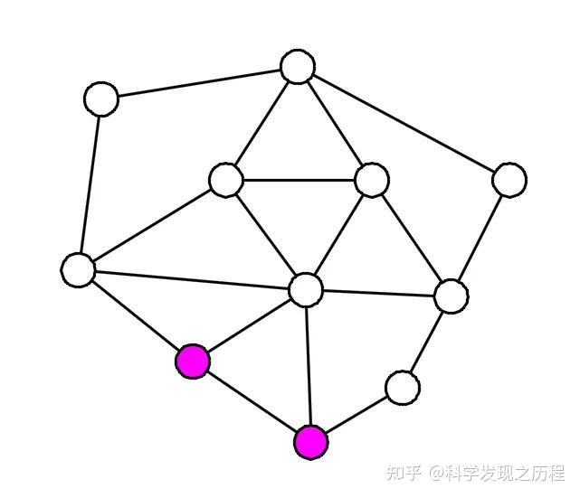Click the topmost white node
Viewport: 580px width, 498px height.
(x=297, y=67)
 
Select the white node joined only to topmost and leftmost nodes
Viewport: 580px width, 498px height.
(x=101, y=99)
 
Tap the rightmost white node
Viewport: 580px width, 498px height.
(x=509, y=179)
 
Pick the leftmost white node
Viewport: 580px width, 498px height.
(x=80, y=269)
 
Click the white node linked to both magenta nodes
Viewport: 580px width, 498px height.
(x=306, y=289)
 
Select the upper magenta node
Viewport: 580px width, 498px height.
(x=193, y=362)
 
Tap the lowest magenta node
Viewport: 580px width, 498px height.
(x=310, y=442)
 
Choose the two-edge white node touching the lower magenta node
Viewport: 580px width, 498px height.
(x=402, y=388)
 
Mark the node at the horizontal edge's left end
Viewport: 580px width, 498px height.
(x=225, y=179)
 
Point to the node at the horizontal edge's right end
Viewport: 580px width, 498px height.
(x=371, y=180)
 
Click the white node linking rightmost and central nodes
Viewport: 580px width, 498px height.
(x=450, y=295)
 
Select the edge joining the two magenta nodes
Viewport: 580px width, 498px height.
(x=252, y=402)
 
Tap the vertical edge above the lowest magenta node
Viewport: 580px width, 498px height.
(x=308, y=366)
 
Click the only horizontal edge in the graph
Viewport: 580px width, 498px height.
(x=299, y=180)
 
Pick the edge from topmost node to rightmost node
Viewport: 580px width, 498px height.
(x=403, y=123)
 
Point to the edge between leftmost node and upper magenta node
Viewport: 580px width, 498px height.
(x=136, y=315)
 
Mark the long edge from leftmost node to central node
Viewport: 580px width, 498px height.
(x=193, y=279)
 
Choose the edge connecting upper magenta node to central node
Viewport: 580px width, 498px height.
(x=249, y=325)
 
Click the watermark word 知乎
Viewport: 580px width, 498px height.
(x=404, y=473)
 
